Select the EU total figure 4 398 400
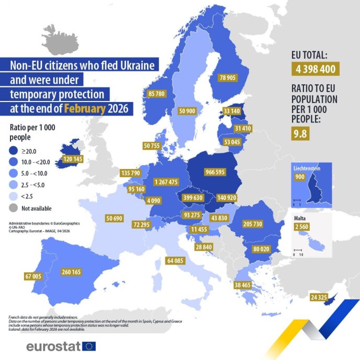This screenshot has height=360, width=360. point(314,69)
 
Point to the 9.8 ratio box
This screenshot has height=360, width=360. point(299,133)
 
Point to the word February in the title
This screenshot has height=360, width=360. point(85,109)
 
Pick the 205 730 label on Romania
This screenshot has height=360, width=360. point(253,223)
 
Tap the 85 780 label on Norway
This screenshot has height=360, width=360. point(157,94)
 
